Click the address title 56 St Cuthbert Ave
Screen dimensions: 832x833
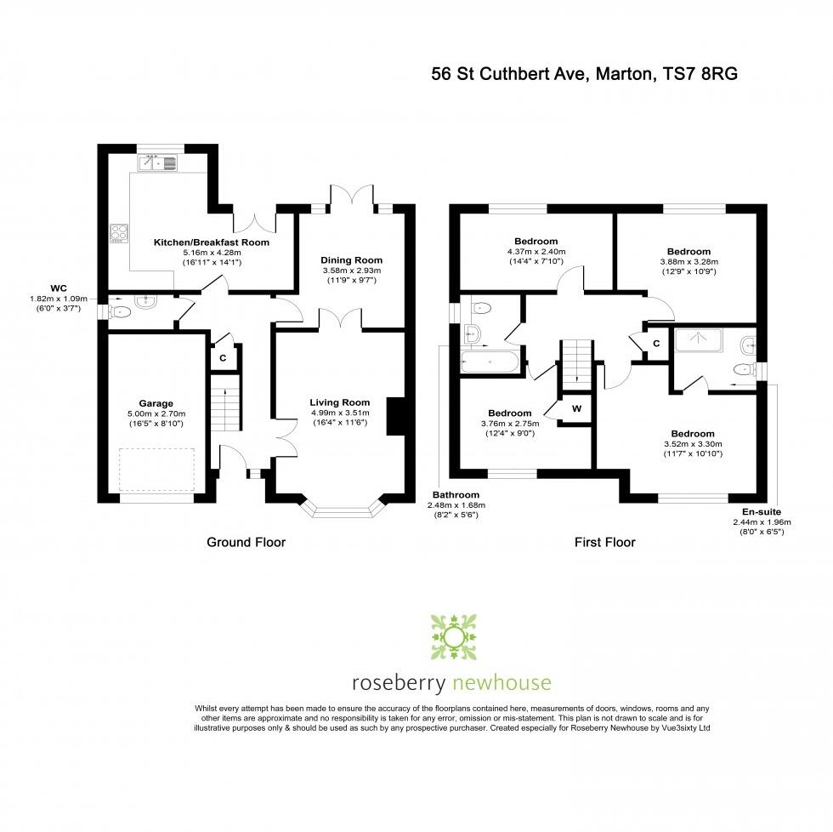point(584,74)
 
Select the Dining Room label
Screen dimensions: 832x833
point(351,260)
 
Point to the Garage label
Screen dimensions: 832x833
point(156,403)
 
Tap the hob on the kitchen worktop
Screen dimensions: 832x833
point(118,232)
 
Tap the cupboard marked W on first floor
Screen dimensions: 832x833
point(576,408)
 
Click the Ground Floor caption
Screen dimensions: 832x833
point(246,542)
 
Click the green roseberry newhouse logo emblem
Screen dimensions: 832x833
point(453,635)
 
